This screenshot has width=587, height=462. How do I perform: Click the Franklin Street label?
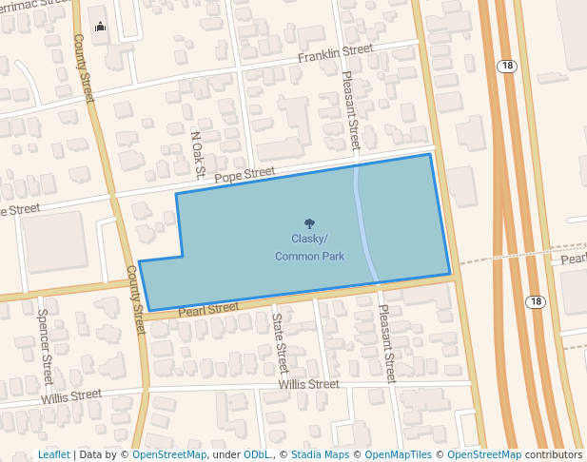coord(334,54)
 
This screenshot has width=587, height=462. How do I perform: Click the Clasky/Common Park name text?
coord(309,247)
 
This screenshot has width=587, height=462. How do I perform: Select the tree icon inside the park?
coord(310,223)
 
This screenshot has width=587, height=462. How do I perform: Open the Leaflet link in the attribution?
coord(54,454)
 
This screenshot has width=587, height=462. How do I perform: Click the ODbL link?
coord(255,454)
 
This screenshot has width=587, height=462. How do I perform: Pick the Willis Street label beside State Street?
coord(308,384)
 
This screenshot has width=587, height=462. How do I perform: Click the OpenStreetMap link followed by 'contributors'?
coord(484,454)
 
